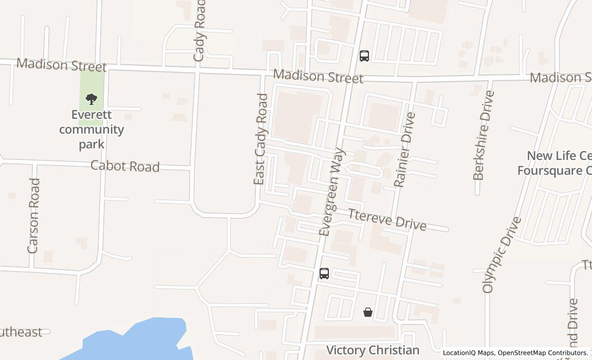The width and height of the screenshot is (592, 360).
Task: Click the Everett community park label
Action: tap(91, 129)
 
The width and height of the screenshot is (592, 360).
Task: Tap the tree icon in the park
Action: tap(91, 99)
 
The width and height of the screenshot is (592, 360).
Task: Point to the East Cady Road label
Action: tap(261, 139)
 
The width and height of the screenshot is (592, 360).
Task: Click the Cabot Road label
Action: tap(125, 166)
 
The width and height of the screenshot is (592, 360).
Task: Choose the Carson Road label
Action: tap(34, 215)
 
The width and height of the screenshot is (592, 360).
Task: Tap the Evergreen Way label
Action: tap(332, 192)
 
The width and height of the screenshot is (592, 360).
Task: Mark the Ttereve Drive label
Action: tap(387, 220)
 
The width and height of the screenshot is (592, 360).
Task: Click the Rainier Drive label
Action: tap(404, 150)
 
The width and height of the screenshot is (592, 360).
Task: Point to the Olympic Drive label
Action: tap(502, 255)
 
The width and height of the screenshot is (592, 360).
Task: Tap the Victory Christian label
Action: tap(373, 351)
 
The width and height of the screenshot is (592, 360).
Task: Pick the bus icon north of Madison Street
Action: tap(364, 56)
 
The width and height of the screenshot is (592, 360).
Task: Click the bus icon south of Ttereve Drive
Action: tap(324, 274)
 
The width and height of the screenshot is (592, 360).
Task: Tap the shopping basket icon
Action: tap(368, 312)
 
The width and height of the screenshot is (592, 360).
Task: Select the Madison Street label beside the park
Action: tap(62, 65)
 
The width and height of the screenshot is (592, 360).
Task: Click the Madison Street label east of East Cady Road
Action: tap(318, 77)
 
